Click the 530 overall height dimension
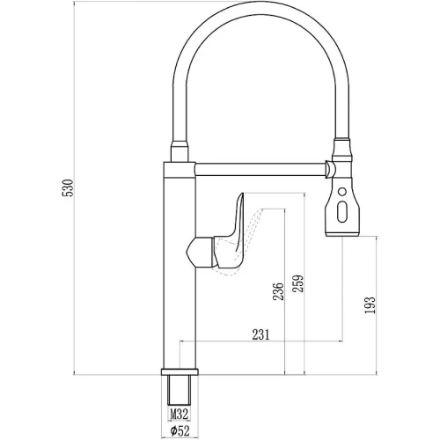(68, 187)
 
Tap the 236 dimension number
(279, 291)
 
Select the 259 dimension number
(298, 283)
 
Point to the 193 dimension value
(370, 305)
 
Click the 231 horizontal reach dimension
(260, 334)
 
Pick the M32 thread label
(180, 414)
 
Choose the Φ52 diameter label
(180, 431)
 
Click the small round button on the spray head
(342, 192)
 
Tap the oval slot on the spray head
(342, 212)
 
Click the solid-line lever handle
(231, 235)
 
